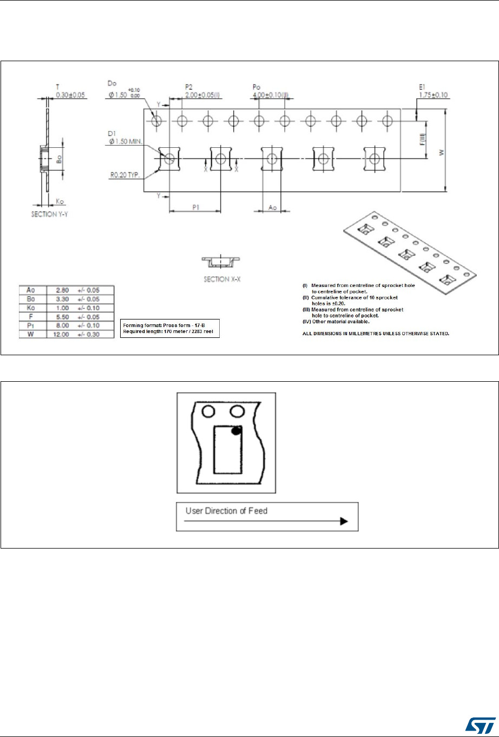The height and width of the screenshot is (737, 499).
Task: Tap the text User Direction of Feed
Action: coord(226,511)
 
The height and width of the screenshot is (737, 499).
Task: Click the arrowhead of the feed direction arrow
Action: coord(343,521)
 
